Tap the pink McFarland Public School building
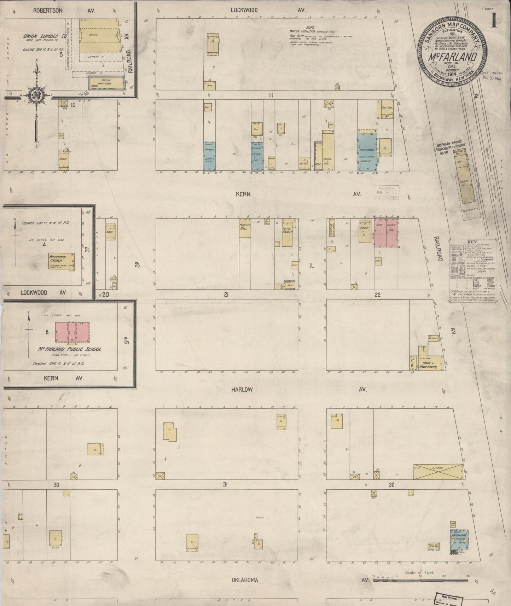[x=72, y=332]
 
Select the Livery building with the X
[x=438, y=472]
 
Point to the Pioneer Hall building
[x=245, y=227]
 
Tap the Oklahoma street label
[x=245, y=580]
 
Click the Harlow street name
[x=242, y=389]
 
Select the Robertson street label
[x=48, y=11]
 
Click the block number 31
[x=225, y=484]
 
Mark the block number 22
[x=377, y=295]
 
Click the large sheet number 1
[x=494, y=22]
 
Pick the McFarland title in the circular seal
[x=453, y=57]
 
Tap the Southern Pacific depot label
[x=451, y=150]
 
